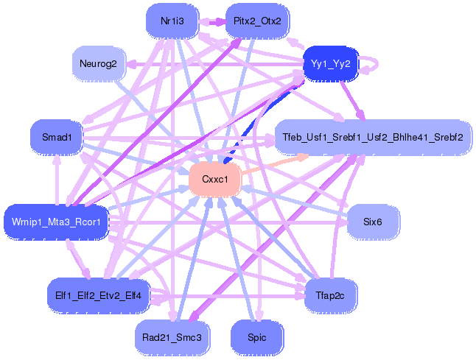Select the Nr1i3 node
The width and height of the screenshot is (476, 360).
click(x=172, y=21)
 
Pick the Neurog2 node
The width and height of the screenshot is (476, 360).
click(x=99, y=64)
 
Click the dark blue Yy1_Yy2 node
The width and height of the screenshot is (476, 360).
click(x=330, y=64)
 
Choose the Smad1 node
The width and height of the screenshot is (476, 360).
click(x=55, y=137)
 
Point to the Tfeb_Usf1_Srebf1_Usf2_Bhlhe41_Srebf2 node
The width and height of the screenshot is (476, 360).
click(x=373, y=137)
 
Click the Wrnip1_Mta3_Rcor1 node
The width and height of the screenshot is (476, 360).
click(x=56, y=220)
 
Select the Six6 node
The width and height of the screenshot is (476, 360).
click(x=373, y=221)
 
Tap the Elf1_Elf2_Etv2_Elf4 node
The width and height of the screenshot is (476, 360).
click(x=99, y=295)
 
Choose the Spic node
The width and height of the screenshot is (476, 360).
click(x=257, y=336)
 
